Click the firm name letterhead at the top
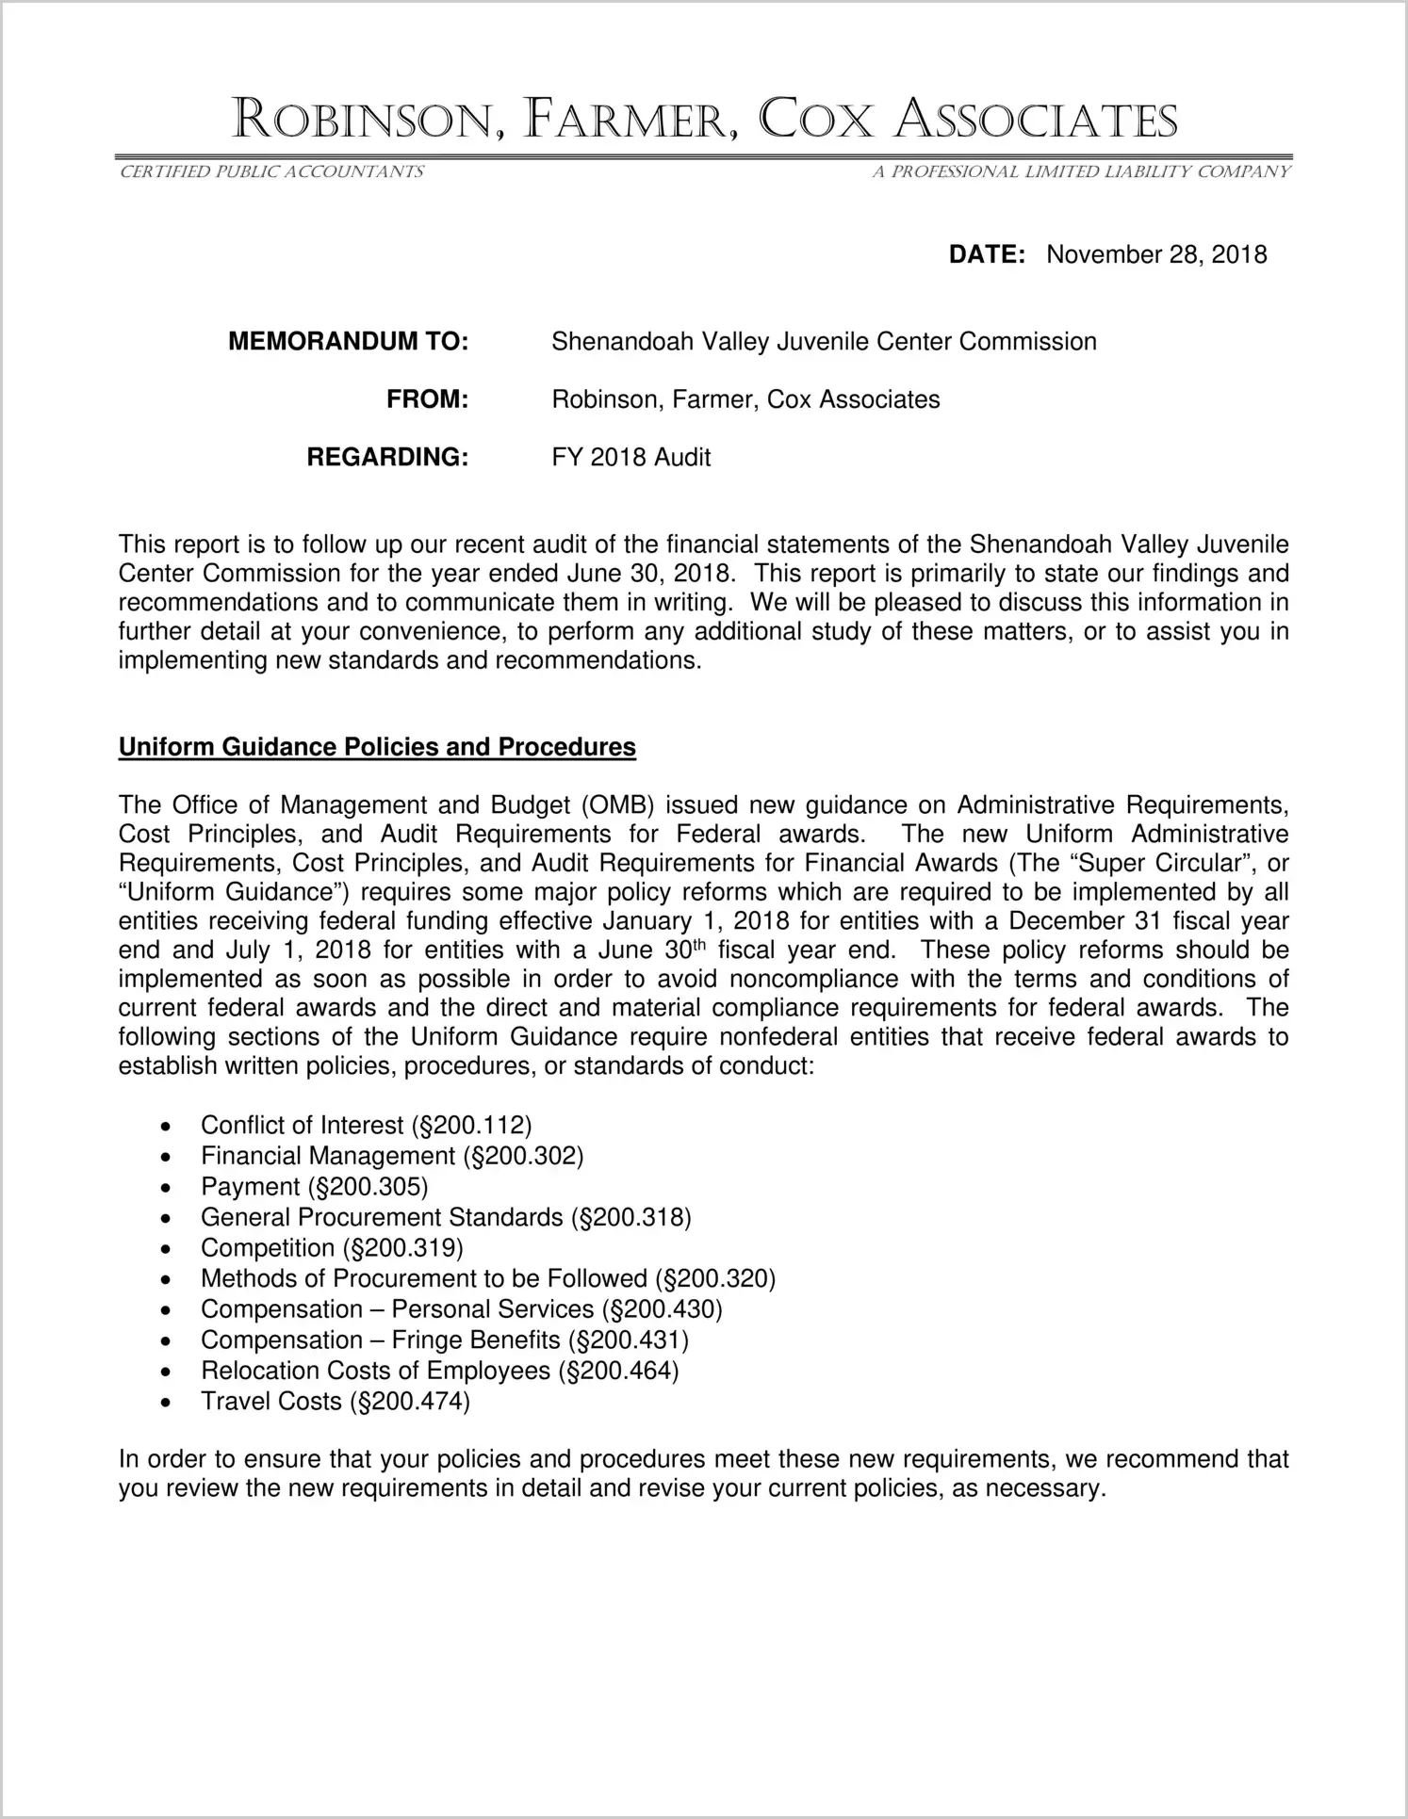(704, 121)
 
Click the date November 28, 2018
(1156, 254)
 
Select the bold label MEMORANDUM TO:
(348, 341)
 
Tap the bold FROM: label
(427, 399)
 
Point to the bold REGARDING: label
(387, 458)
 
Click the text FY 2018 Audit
(630, 458)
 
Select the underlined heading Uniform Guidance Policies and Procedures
(377, 747)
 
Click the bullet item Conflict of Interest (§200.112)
(366, 1125)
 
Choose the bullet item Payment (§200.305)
(314, 1186)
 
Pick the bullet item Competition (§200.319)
(332, 1248)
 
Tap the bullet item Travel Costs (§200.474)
(335, 1402)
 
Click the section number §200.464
(618, 1371)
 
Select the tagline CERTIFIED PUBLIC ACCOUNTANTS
(271, 171)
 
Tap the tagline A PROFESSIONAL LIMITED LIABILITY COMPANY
(1080, 171)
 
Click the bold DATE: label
(986, 254)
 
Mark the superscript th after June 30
(700, 945)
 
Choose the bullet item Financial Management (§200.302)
(392, 1156)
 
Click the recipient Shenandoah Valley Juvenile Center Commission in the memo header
(824, 341)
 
